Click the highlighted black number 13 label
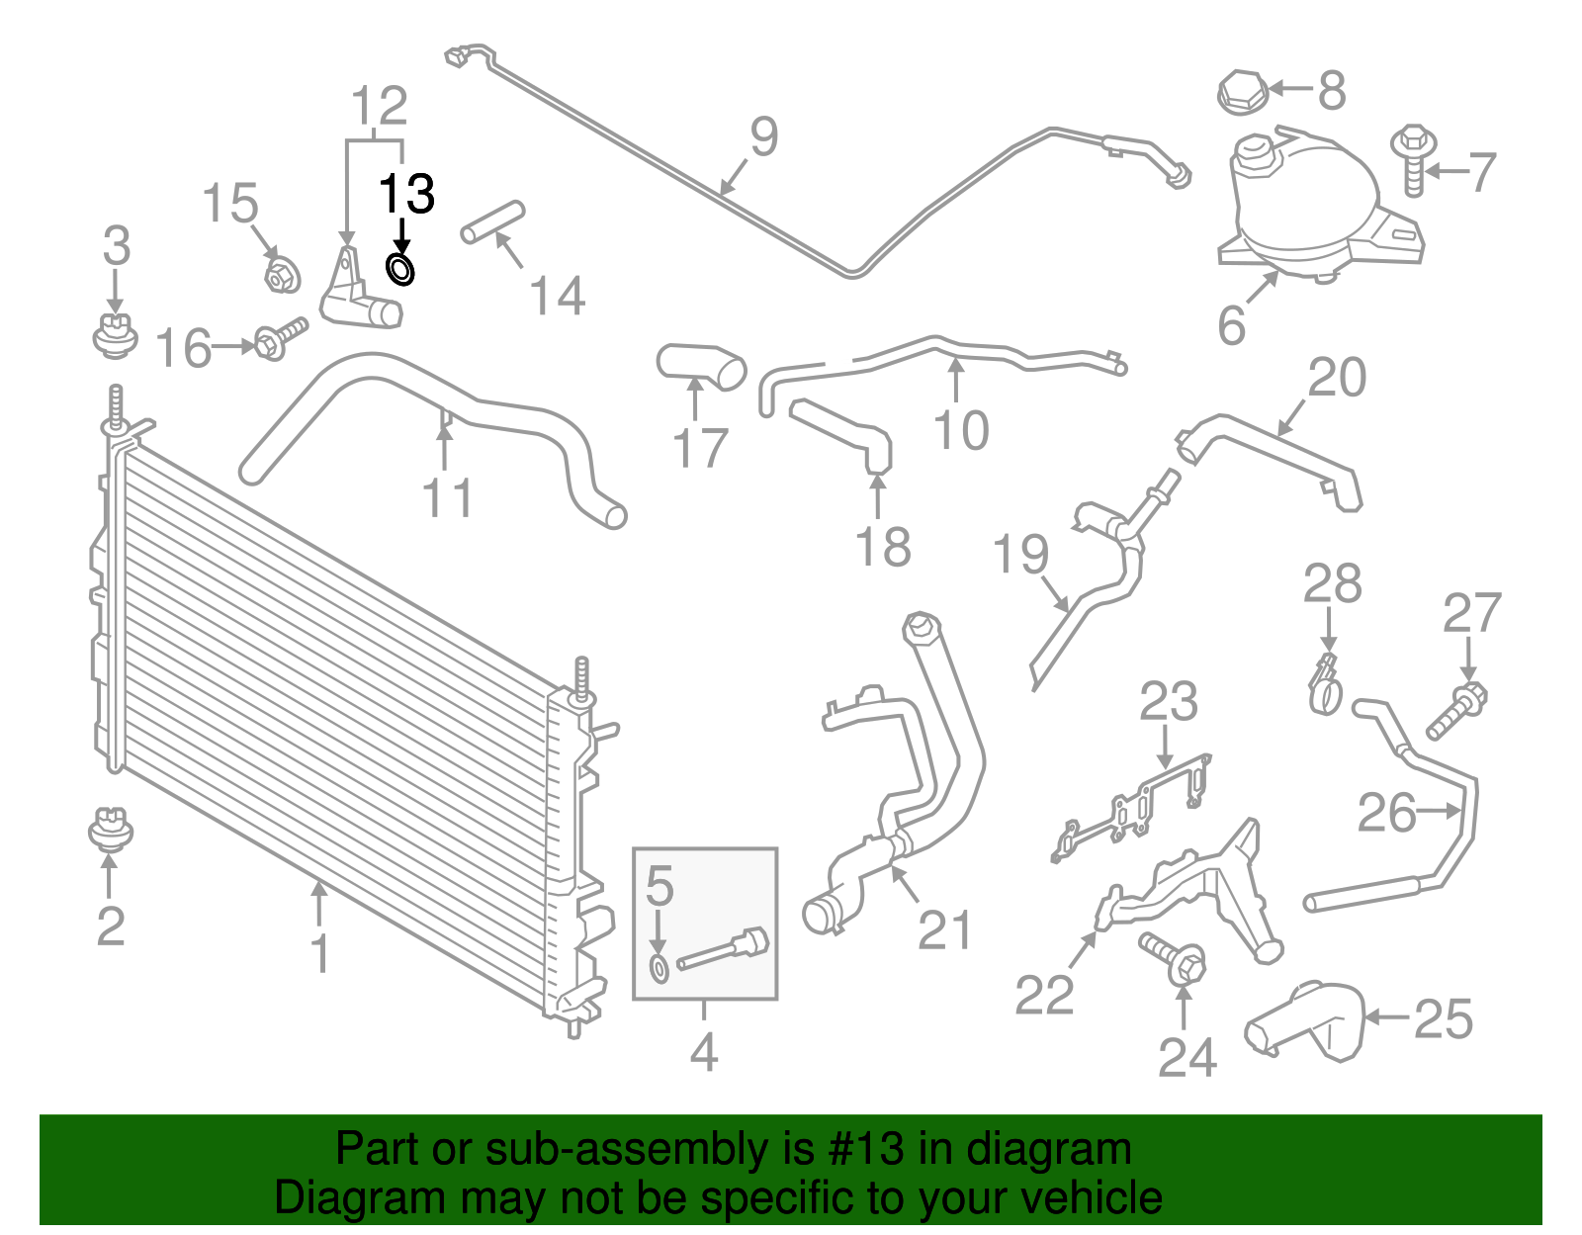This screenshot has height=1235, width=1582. [x=406, y=194]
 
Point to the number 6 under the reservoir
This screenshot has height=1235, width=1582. [x=1231, y=325]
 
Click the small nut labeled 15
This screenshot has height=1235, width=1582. [x=283, y=274]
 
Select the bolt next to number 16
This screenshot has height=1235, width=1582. [x=281, y=338]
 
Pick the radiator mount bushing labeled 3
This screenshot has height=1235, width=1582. [x=115, y=334]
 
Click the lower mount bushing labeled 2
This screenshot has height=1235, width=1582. [x=110, y=830]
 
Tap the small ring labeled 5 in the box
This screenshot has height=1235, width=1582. [x=659, y=969]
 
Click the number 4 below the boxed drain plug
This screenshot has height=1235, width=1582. [x=703, y=1052]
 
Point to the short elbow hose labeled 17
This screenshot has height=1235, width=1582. [x=701, y=365]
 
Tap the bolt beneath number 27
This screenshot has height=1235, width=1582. [x=1455, y=712]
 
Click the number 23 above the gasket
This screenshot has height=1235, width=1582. [x=1168, y=702]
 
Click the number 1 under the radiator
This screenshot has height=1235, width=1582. [x=319, y=953]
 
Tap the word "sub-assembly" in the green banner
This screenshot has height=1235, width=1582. [x=602, y=1149]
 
